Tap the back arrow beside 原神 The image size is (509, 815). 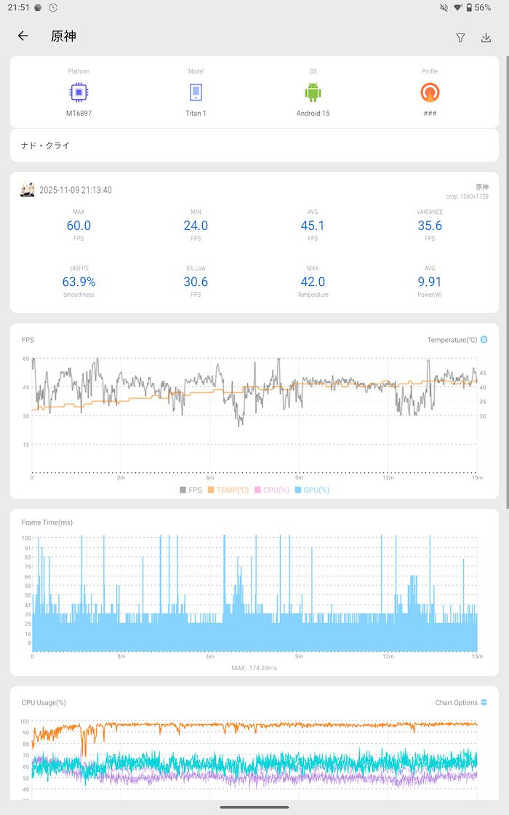point(23,36)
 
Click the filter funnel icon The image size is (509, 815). point(460,38)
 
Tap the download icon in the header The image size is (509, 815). point(486,38)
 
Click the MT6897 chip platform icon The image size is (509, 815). point(79,92)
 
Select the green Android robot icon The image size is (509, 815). point(313,92)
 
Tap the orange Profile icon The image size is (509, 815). point(430,92)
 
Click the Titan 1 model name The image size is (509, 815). point(196,114)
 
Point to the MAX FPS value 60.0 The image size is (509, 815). point(79,226)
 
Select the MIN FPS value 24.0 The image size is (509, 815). point(196,226)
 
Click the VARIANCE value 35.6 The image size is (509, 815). point(430,226)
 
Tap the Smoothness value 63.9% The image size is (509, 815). point(79,282)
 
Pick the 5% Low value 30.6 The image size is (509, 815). point(196,282)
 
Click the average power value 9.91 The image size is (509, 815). point(430,282)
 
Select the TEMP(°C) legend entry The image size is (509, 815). point(228,490)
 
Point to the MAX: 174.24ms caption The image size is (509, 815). point(254,668)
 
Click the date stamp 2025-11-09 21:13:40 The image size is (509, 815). point(76,190)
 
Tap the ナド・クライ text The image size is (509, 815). point(46,146)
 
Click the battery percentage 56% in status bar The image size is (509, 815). point(482,7)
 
